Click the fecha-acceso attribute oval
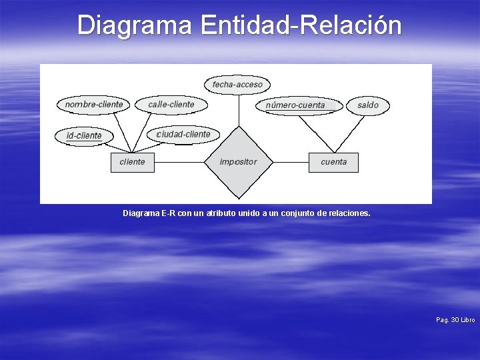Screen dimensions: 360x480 (237, 85)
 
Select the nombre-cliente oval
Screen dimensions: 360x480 (94, 105)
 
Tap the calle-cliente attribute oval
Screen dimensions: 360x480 (171, 105)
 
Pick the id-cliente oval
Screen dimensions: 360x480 (84, 136)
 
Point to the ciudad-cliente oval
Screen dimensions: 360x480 (183, 135)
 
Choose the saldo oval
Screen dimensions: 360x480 (367, 105)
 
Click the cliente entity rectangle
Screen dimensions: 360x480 (132, 162)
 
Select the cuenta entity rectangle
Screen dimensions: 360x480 (333, 162)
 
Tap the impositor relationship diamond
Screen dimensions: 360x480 (238, 162)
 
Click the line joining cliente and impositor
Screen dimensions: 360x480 (178, 162)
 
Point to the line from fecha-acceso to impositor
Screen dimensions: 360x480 (238, 110)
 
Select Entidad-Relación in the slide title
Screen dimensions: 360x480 (301, 25)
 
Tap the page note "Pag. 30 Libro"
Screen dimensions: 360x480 (455, 321)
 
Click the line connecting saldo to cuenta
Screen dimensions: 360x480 (351, 133)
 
